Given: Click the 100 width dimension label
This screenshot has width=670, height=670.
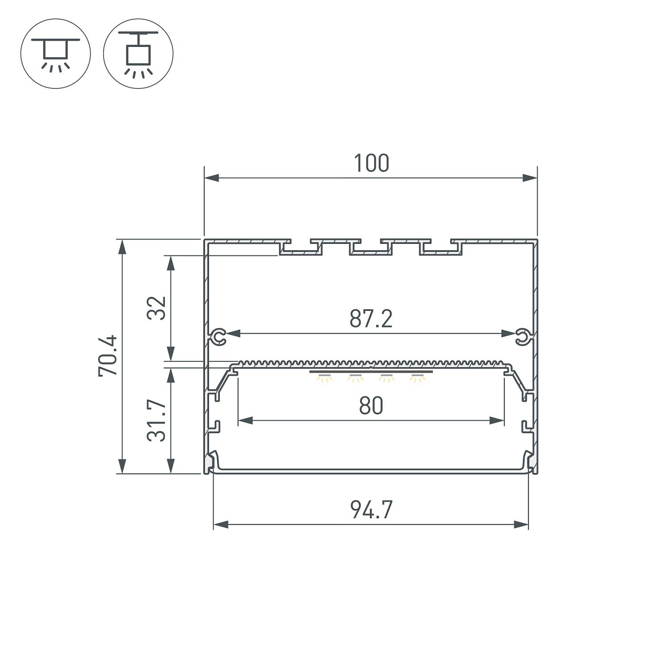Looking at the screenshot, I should (371, 163).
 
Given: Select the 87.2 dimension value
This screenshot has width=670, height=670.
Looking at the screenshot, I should (371, 319).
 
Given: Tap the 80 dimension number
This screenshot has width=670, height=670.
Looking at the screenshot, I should (371, 406).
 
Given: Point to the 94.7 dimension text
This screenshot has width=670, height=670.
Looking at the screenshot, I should (371, 510).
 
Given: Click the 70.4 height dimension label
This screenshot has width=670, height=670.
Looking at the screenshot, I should (108, 356).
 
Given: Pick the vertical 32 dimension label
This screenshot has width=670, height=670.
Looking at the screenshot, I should (157, 308).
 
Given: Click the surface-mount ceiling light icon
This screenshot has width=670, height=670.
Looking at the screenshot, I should (56, 54).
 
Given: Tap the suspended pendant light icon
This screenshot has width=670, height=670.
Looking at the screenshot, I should (138, 54).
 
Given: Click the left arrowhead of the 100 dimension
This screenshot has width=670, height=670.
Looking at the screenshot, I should (211, 178).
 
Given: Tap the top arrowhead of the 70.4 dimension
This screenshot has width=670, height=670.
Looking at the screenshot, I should (121, 247).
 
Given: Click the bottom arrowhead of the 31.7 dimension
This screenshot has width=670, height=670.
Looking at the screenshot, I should (170, 466).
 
